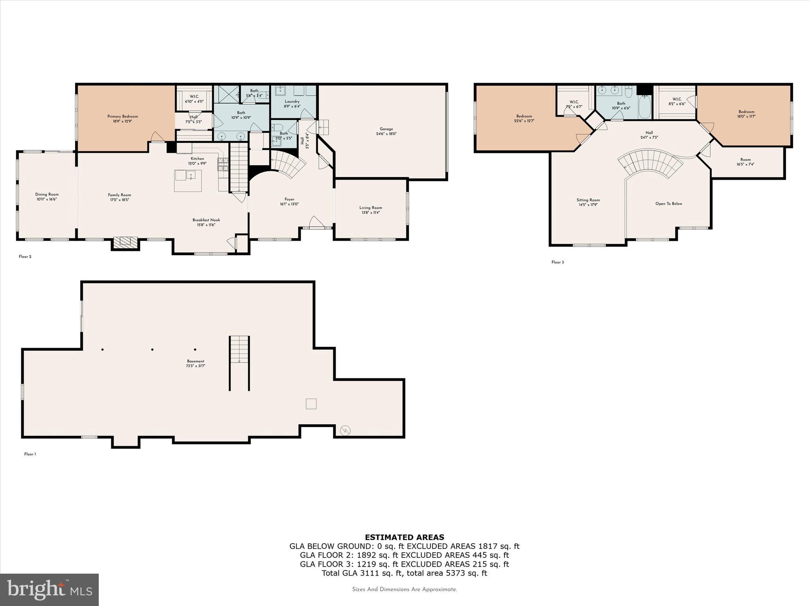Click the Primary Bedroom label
coord(122,119)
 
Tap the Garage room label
coord(386,131)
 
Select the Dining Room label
coord(47,196)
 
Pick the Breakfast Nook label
coord(206,222)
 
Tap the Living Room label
coord(371,210)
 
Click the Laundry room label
coord(292,104)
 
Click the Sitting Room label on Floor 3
coord(588,202)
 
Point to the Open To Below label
coord(669,204)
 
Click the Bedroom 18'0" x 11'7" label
coord(746,114)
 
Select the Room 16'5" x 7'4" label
coord(745,162)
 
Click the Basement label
coord(196,363)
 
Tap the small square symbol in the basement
coord(311,404)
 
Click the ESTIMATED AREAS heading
coord(404,537)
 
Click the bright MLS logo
coord(49,589)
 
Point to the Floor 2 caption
coord(25,257)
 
